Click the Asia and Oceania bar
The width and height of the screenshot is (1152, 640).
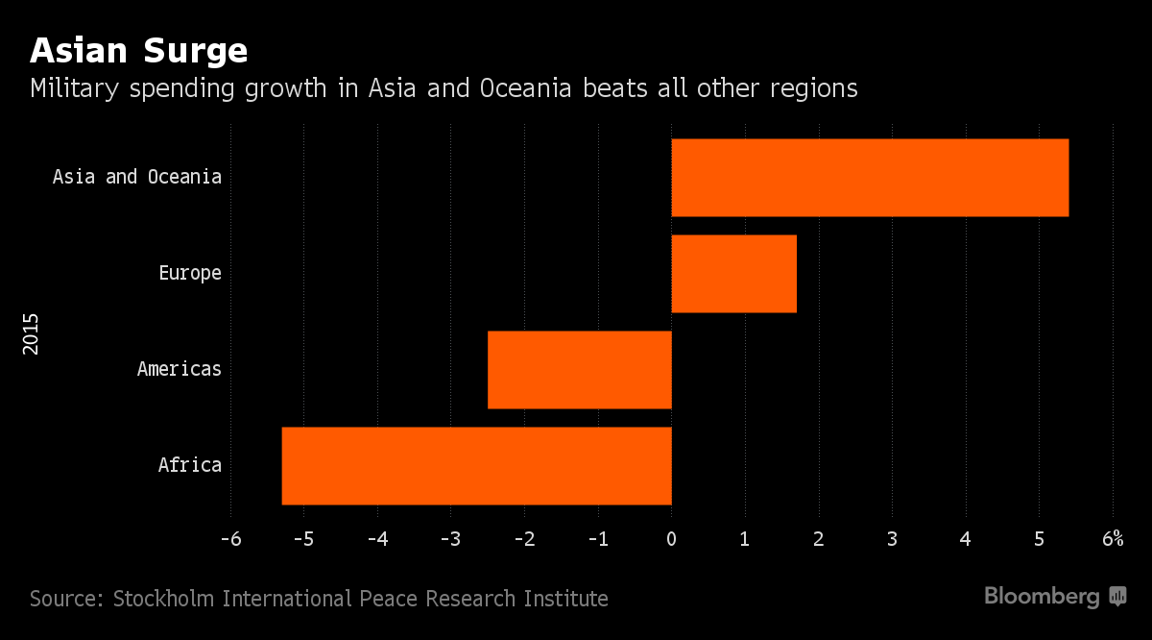(x=870, y=178)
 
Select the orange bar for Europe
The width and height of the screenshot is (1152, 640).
(x=734, y=274)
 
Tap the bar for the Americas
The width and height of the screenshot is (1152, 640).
(x=580, y=370)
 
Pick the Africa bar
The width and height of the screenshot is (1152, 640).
(x=477, y=466)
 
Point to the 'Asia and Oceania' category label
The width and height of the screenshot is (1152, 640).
(x=137, y=178)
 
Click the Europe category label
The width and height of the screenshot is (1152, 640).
(x=190, y=274)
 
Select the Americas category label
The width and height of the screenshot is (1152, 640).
(x=180, y=370)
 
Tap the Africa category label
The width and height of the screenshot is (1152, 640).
(x=190, y=466)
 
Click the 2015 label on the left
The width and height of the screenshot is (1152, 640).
(x=32, y=332)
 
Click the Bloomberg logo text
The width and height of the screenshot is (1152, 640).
(x=1042, y=598)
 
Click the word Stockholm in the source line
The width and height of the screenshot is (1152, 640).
(x=166, y=600)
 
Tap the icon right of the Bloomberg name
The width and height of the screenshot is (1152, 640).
(x=1117, y=597)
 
